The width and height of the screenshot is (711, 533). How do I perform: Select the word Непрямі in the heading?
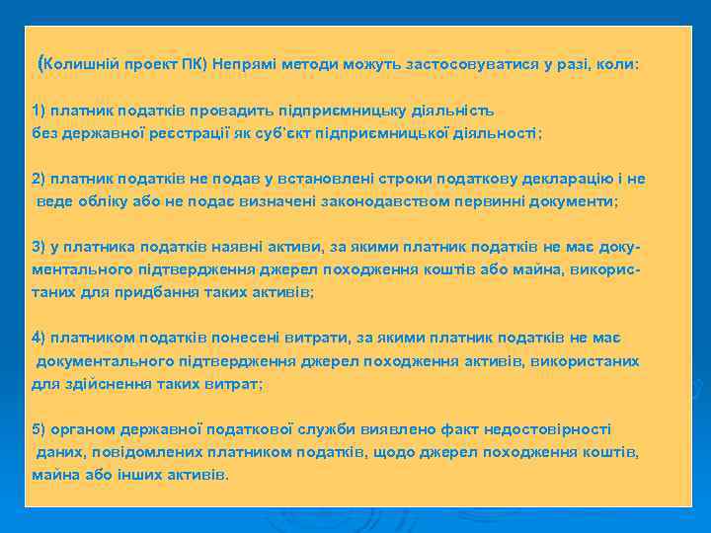coord(244,64)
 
